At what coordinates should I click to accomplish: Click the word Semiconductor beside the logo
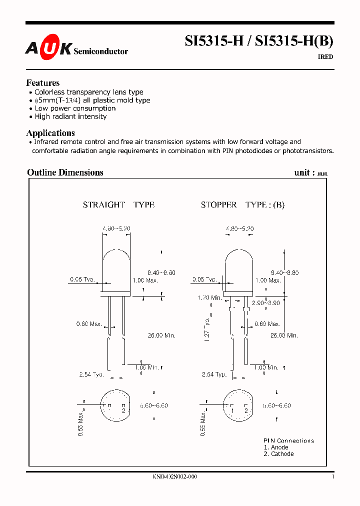(100, 51)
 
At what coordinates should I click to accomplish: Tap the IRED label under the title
(325, 57)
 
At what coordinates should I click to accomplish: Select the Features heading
(43, 83)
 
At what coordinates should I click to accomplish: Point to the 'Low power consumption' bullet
(75, 108)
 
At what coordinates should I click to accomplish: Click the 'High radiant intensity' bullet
(70, 116)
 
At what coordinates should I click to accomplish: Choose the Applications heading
(50, 133)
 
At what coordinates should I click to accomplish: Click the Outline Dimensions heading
(65, 172)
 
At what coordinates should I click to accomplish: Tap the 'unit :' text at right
(304, 172)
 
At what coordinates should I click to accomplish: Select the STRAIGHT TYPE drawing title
(118, 205)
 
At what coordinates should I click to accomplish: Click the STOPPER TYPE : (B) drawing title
(242, 205)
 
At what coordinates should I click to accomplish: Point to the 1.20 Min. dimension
(210, 297)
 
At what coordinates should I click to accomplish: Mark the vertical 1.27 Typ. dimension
(208, 327)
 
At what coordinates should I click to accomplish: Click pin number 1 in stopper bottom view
(232, 410)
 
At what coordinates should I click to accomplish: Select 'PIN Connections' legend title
(289, 440)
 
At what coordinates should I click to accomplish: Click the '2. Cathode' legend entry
(278, 454)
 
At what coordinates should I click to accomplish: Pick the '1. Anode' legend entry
(276, 447)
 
